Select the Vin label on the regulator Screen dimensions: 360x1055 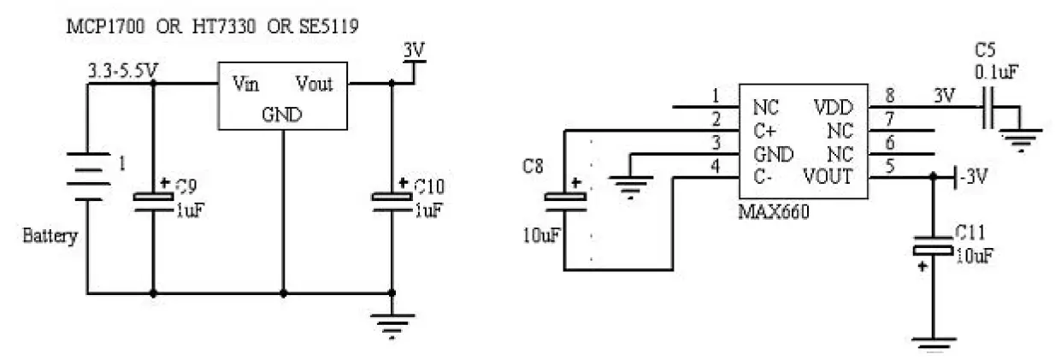point(246,84)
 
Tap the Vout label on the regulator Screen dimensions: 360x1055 point(314,84)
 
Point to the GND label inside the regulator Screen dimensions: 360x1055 point(282,114)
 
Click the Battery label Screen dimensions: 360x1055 point(50,236)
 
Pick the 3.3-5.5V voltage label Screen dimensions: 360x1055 point(122,71)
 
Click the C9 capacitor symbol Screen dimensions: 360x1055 point(153,198)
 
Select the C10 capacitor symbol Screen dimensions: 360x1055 point(392,198)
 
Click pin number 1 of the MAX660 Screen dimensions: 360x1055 point(716,96)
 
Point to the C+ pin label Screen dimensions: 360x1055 point(765,131)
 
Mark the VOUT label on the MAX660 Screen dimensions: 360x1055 point(828,177)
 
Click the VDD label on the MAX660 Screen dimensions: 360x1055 point(834,108)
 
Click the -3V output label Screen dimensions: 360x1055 point(975,177)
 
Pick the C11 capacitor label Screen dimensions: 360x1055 point(971,233)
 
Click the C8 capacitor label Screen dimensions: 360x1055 point(533,165)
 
